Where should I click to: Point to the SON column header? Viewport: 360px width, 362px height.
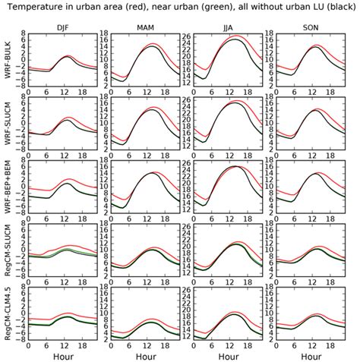312,27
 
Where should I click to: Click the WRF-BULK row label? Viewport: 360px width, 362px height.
8,61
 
